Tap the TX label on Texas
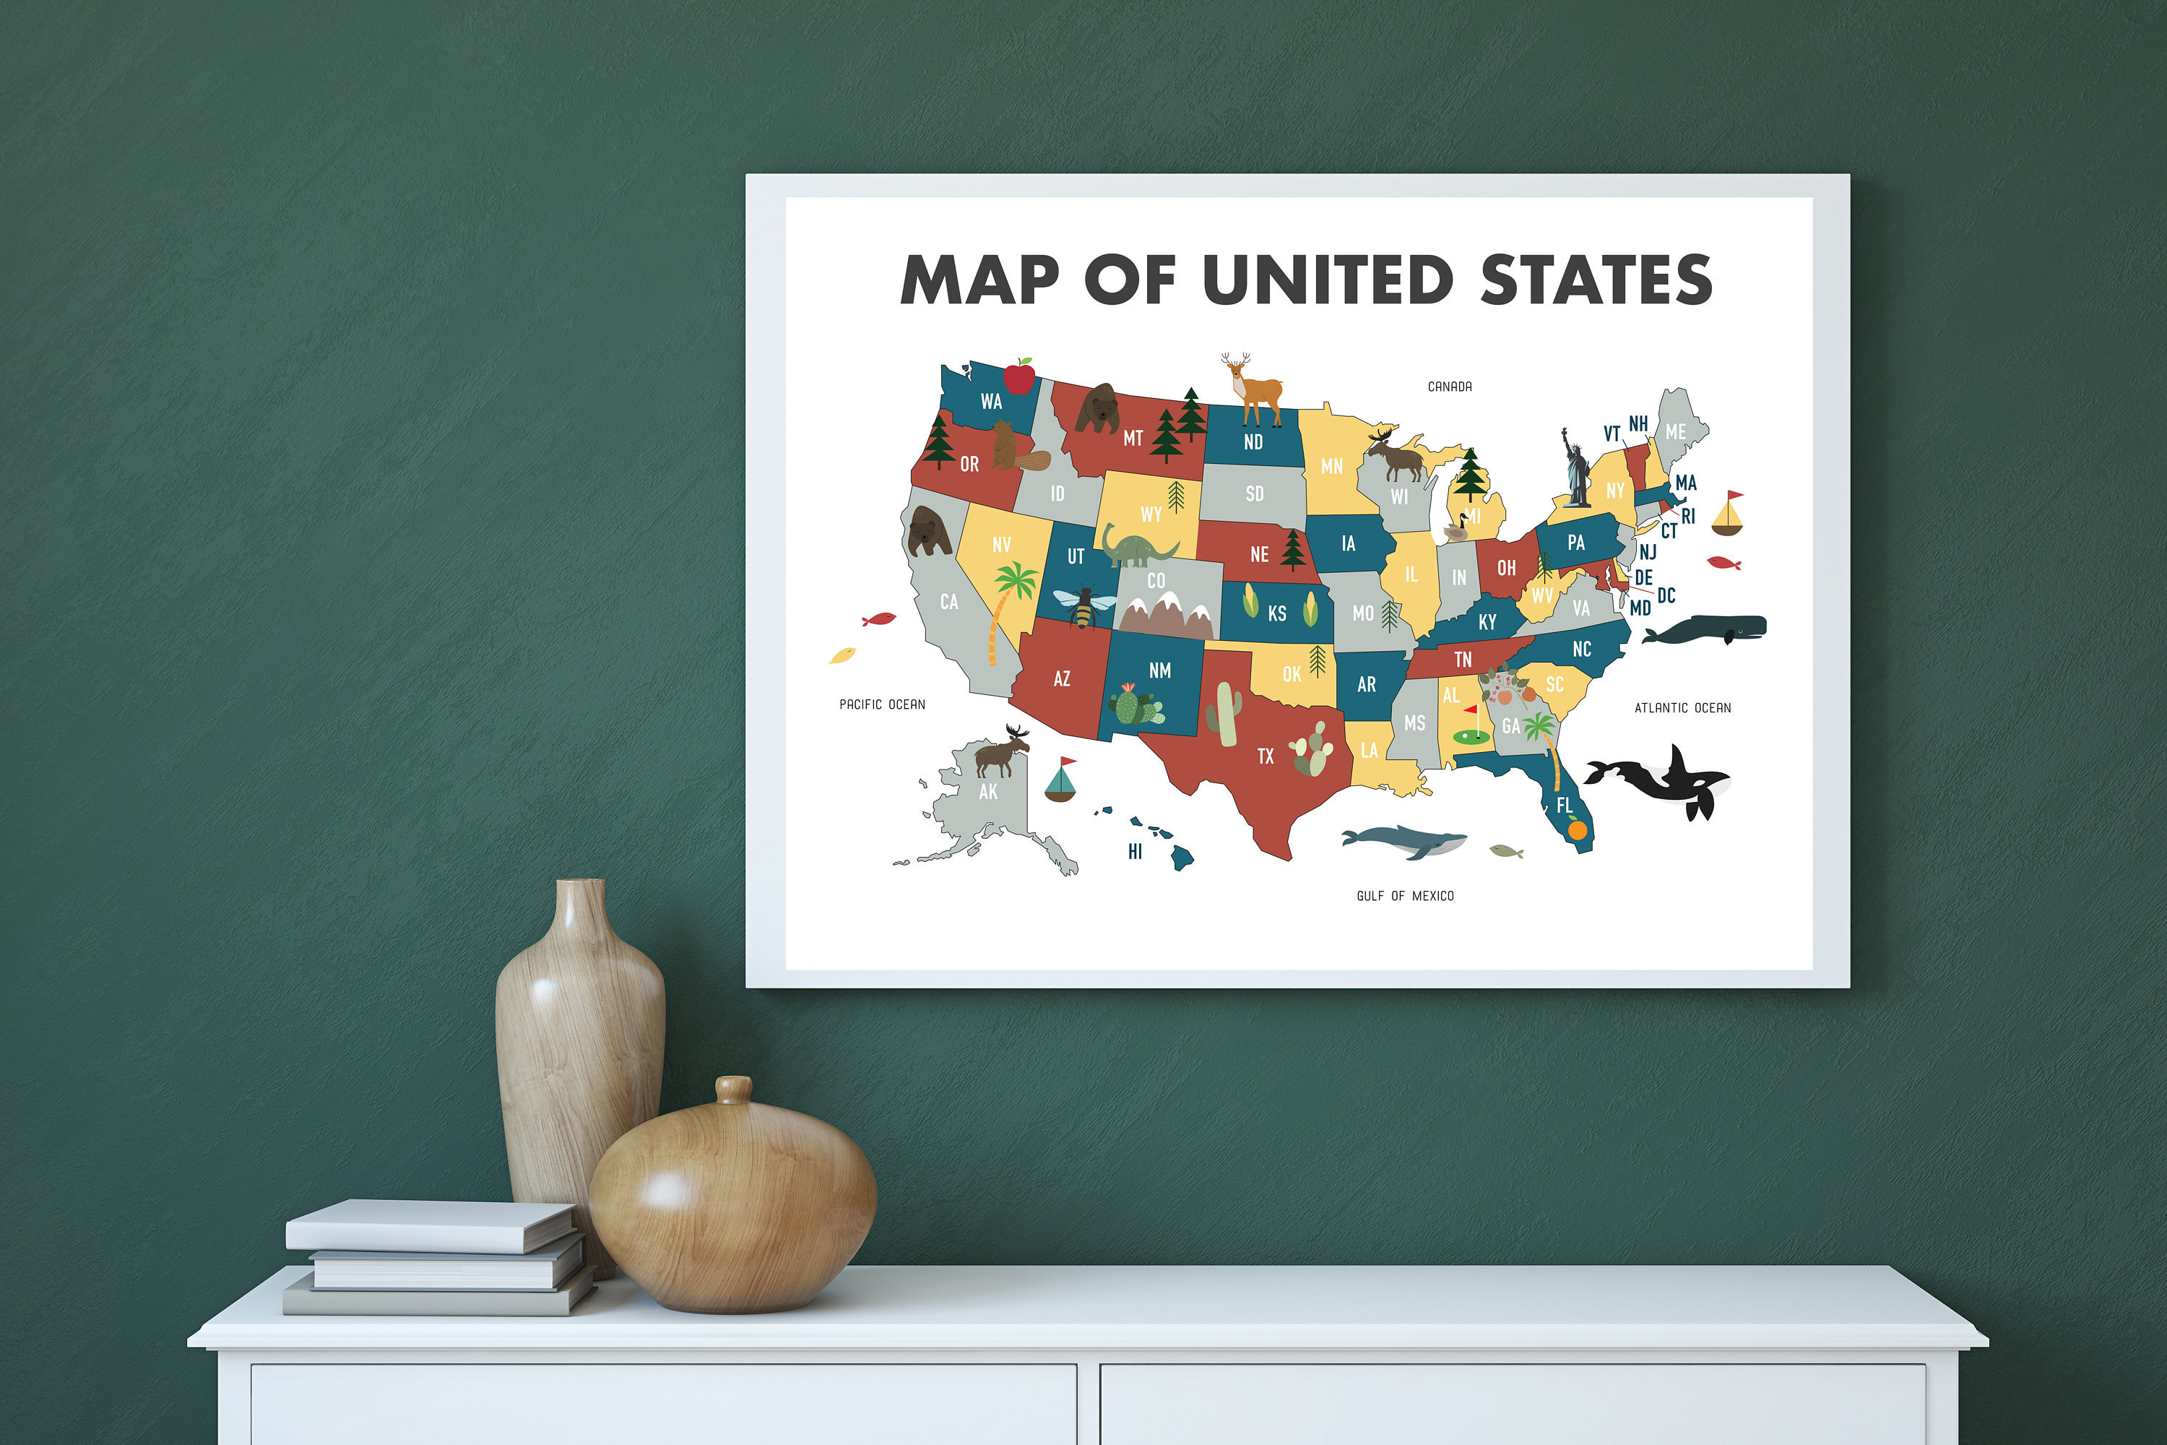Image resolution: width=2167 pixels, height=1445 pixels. tap(1266, 756)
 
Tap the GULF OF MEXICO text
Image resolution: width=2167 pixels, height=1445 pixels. tap(1405, 896)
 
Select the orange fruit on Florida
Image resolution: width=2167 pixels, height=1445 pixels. tap(1578, 830)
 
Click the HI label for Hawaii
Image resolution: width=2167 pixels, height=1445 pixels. tap(1135, 852)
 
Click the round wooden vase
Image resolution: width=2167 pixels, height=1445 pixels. tap(732, 1198)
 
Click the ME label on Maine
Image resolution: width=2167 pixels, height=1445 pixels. tap(1675, 431)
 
